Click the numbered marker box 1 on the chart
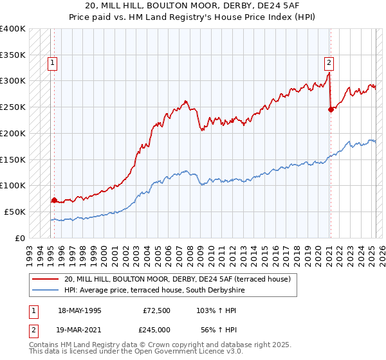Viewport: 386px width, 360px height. tap(51, 63)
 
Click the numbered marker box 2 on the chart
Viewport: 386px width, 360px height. tap(329, 63)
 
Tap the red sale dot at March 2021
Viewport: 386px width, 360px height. tap(331, 109)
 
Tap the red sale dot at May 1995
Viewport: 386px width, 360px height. tap(54, 200)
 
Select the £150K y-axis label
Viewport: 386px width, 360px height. tap(13, 159)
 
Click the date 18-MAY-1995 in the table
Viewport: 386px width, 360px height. tap(80, 310)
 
